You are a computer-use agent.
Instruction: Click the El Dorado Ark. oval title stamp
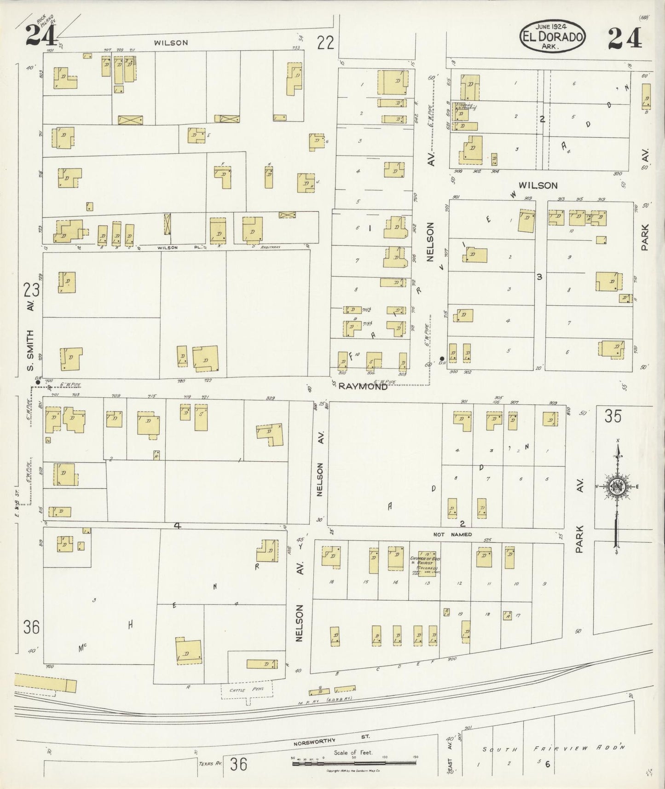(x=553, y=36)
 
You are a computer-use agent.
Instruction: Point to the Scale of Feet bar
(x=354, y=764)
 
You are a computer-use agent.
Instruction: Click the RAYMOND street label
(x=363, y=387)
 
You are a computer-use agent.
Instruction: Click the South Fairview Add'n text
(x=553, y=748)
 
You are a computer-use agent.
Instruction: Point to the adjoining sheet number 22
(x=325, y=43)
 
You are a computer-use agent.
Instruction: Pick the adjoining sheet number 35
(x=613, y=417)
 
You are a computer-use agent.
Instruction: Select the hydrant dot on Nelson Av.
(x=442, y=359)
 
